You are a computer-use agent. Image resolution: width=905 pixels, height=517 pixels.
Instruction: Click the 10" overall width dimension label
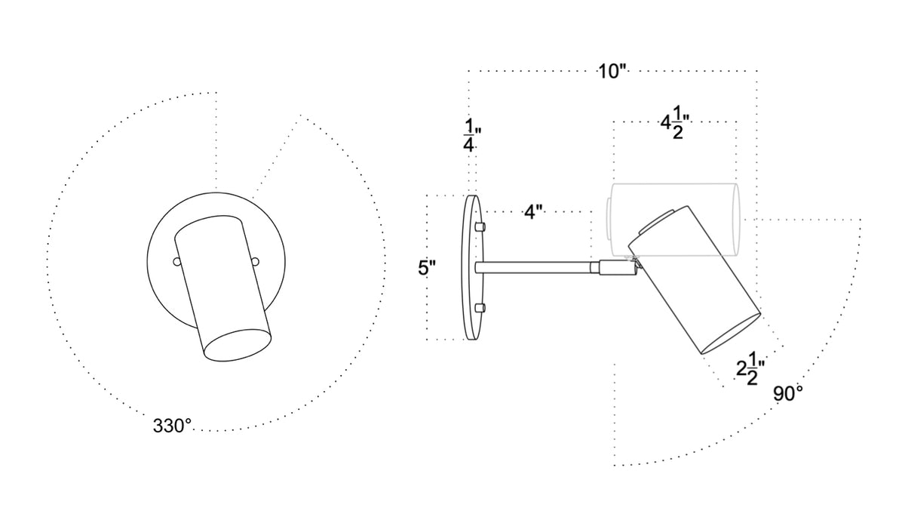(x=612, y=72)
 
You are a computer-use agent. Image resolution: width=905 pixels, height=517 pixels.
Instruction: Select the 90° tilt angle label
(x=787, y=394)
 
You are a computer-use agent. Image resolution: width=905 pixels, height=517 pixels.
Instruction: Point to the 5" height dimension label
(x=428, y=268)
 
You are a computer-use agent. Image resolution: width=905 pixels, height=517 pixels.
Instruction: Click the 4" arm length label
(x=534, y=213)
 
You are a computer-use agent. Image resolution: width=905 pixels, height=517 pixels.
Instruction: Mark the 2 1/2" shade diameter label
(x=751, y=370)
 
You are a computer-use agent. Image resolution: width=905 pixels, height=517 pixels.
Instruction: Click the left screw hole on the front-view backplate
(x=176, y=262)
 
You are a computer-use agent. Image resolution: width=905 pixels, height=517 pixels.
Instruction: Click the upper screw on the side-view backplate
(x=480, y=226)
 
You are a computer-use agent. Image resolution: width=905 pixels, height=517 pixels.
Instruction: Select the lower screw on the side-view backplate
(x=480, y=307)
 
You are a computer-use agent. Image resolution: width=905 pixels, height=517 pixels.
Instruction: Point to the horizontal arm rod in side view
(x=535, y=266)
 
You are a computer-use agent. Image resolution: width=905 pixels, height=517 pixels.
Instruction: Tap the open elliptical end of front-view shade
(x=237, y=343)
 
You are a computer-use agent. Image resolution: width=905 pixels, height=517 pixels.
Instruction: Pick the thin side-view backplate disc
(x=472, y=268)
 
